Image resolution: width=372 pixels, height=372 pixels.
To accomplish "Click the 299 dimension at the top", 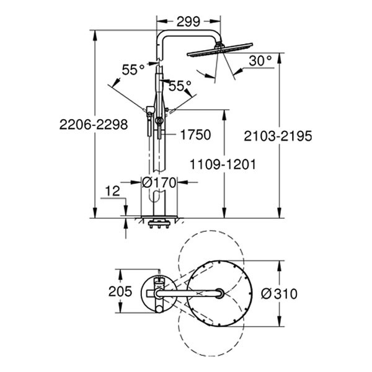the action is coord(188,22).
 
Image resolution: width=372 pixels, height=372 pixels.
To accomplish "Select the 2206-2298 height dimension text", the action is coord(94,125).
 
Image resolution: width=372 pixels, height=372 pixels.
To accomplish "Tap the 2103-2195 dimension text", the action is coord(278,136).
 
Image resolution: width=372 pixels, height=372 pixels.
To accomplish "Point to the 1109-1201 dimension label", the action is coord(223,164).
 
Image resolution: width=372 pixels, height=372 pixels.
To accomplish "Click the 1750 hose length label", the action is coord(195,135).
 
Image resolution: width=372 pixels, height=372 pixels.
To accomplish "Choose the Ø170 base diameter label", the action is coord(159,183).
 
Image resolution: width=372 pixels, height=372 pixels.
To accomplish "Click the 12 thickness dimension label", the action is coord(112,191).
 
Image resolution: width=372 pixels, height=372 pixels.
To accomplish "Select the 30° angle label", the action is coord(260,61).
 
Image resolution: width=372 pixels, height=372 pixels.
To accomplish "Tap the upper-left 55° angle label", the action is coord(133,69).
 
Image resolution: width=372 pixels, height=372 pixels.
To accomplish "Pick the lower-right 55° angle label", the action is coord(180,86).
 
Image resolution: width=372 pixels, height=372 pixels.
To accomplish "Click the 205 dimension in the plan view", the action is coord(120,291).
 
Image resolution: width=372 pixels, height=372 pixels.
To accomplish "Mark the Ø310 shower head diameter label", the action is coord(279,294).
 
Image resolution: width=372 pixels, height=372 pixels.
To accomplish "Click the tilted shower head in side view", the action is coord(220,49).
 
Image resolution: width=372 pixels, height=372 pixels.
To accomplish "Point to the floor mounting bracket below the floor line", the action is coord(159,224).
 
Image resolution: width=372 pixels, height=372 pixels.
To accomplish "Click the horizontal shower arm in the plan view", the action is coord(189,294).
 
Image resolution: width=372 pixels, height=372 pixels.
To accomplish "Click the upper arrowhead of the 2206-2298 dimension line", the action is coord(95,35).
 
